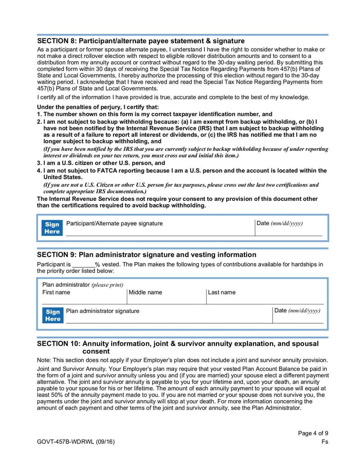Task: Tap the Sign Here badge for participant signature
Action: (x=52, y=228)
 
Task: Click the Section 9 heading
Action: (x=146, y=255)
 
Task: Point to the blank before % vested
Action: (x=83, y=265)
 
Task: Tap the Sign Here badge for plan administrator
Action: (x=52, y=315)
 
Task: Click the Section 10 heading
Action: (x=177, y=347)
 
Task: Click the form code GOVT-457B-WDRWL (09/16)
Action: (x=76, y=442)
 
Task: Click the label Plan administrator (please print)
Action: (x=82, y=285)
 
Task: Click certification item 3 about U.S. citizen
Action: (x=101, y=163)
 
